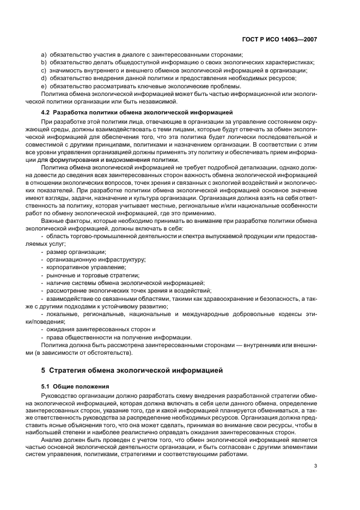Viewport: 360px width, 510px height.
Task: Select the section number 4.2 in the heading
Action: coord(47,112)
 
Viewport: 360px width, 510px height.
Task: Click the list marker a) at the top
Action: coord(45,54)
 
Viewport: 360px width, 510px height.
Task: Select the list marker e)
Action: coord(45,86)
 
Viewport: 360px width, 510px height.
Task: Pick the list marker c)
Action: coord(45,70)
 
